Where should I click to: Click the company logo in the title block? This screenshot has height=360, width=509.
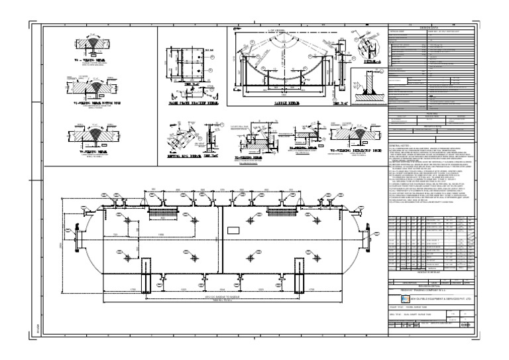[x=396, y=298]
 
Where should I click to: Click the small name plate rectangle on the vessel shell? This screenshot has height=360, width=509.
[x=231, y=231]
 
